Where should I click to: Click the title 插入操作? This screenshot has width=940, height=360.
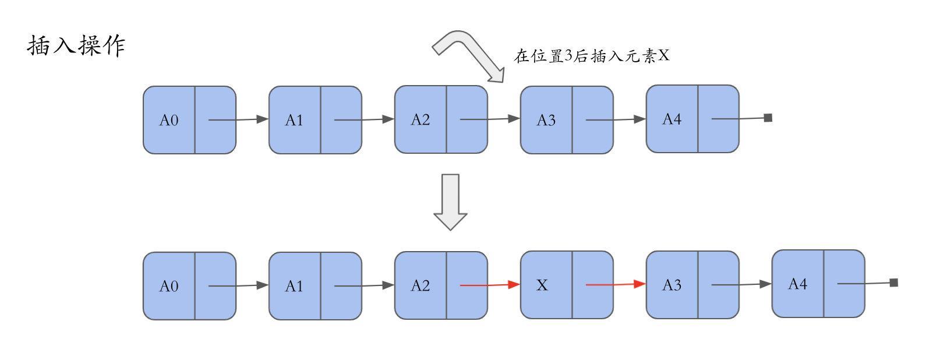point(76,46)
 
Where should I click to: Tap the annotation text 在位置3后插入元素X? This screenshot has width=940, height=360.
point(592,55)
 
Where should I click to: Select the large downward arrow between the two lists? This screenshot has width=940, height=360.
point(450,202)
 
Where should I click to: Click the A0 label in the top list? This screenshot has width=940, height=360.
point(169,121)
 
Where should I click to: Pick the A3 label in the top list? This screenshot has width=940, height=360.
point(546,121)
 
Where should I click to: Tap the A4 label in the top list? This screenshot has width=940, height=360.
point(672,119)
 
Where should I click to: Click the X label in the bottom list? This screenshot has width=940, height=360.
point(542,285)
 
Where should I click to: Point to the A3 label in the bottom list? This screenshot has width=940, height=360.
point(672,285)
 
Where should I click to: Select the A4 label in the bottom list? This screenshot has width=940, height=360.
point(798,284)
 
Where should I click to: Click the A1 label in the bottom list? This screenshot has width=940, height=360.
point(294,286)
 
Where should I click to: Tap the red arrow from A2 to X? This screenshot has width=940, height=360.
point(490,285)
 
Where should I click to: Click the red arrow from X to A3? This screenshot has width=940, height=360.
point(616,284)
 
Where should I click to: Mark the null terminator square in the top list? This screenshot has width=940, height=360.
point(768,118)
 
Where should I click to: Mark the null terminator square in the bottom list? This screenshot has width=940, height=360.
point(894,283)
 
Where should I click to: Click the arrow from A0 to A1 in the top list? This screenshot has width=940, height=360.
point(238,119)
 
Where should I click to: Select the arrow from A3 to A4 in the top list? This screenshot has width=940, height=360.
point(616,119)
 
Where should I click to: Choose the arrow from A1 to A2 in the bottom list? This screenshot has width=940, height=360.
point(364,286)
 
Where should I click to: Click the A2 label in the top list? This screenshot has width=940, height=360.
point(420,120)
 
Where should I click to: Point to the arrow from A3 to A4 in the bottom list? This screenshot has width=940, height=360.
point(741,284)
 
